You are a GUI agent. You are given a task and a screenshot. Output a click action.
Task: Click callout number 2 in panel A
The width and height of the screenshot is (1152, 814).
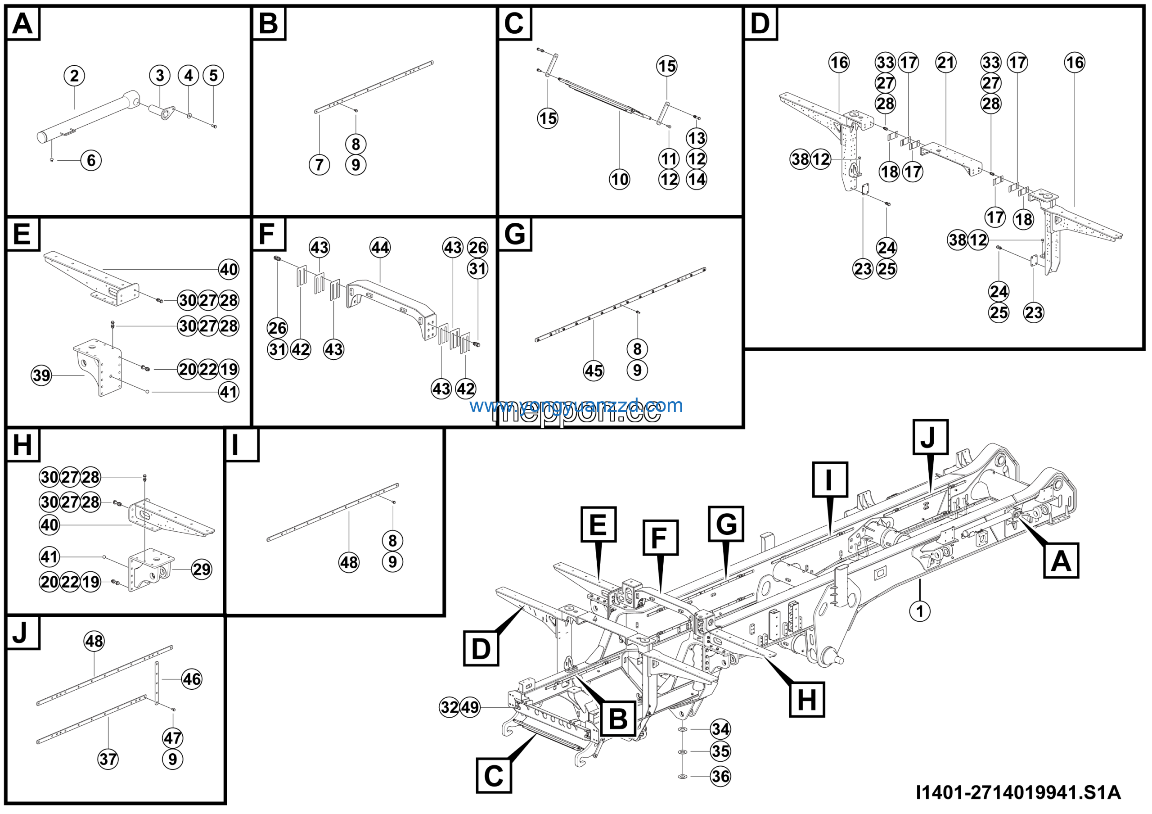(x=74, y=76)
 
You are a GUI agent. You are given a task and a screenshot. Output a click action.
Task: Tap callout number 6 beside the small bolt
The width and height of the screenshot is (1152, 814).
(x=91, y=161)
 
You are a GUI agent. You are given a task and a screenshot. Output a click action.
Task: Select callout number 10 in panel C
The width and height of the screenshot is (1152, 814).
(x=619, y=179)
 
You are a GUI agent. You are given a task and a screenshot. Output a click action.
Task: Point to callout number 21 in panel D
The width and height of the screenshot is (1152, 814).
(x=946, y=63)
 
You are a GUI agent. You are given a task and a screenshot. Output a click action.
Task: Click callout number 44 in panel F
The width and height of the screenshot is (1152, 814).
(x=380, y=248)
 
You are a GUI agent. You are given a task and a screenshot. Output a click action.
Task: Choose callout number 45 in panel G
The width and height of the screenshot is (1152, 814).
(x=594, y=371)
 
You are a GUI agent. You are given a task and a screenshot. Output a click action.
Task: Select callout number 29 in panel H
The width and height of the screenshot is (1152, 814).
(x=202, y=569)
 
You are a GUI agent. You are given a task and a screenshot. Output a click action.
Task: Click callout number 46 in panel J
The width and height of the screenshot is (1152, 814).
(x=192, y=679)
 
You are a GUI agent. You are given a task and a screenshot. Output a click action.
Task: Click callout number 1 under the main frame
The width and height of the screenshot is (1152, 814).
(x=920, y=611)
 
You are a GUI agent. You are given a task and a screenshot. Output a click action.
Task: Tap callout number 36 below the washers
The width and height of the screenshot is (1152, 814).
(x=720, y=776)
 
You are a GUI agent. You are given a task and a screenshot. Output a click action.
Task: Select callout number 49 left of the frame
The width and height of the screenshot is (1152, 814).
(x=470, y=707)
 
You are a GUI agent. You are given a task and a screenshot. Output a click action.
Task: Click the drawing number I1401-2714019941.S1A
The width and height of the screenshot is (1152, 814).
(x=1018, y=792)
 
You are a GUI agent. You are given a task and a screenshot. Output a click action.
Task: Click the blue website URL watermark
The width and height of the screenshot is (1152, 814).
(x=576, y=405)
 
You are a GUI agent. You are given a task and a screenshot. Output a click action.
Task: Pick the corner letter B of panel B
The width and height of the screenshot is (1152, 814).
(x=269, y=23)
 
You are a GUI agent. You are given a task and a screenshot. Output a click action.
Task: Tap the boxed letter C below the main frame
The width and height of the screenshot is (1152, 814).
(x=494, y=776)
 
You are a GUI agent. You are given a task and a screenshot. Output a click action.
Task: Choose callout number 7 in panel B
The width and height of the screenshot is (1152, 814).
(x=319, y=165)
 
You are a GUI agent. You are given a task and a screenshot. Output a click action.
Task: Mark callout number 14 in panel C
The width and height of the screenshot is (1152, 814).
(x=697, y=179)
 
